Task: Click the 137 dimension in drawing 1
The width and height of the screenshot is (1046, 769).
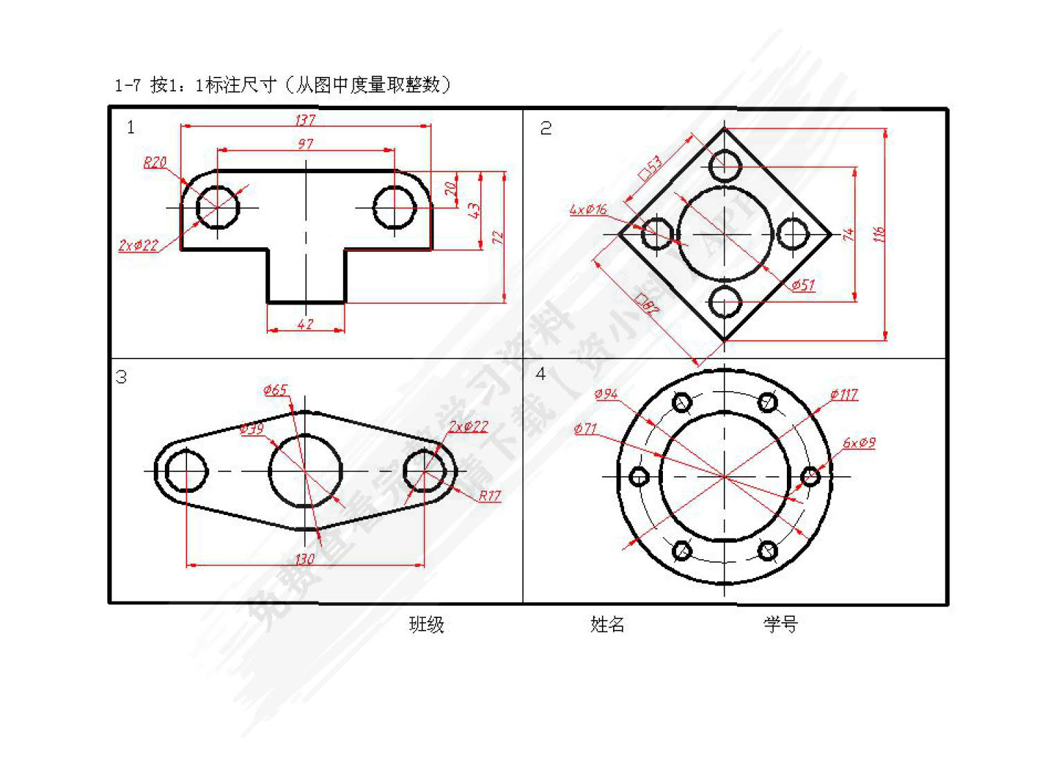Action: tap(305, 120)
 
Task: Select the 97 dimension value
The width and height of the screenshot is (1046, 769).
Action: tap(305, 144)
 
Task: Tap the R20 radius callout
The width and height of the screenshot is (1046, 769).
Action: tap(154, 162)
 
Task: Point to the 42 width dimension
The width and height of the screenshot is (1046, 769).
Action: tap(305, 324)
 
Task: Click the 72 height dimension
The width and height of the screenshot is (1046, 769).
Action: tap(498, 237)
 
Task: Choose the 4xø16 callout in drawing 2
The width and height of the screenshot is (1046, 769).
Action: tap(587, 209)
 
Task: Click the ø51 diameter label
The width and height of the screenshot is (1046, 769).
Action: tap(803, 284)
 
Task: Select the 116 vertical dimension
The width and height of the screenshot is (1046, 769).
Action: tap(879, 234)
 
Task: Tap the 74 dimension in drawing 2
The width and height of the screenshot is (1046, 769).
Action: tap(849, 234)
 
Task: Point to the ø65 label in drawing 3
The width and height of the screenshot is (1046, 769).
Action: tap(275, 390)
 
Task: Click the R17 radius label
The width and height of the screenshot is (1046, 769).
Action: tap(489, 496)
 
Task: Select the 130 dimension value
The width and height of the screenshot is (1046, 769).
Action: tap(305, 558)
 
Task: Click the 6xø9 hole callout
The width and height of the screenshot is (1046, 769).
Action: tap(859, 442)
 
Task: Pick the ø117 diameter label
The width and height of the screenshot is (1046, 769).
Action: tap(844, 395)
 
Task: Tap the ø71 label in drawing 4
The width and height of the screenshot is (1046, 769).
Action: tap(585, 428)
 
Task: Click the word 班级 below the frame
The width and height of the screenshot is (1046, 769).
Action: tap(426, 624)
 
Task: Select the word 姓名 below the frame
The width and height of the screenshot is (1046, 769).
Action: tap(607, 624)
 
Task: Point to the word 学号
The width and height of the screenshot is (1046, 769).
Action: tap(781, 624)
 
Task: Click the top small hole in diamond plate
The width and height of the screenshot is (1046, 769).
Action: tap(725, 166)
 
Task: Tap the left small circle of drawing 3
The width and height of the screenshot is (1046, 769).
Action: tap(186, 471)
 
